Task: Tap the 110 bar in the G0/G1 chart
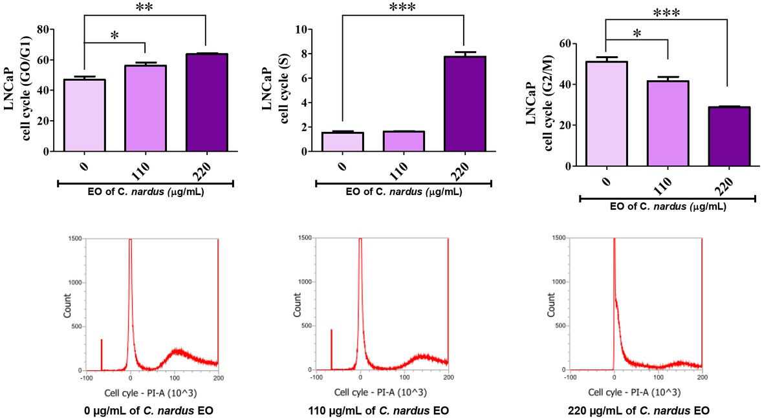tap(145, 109)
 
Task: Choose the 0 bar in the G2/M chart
tap(605, 114)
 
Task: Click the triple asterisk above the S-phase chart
tap(403, 8)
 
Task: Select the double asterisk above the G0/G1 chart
tap(144, 8)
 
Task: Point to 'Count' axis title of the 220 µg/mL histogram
tap(550, 304)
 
